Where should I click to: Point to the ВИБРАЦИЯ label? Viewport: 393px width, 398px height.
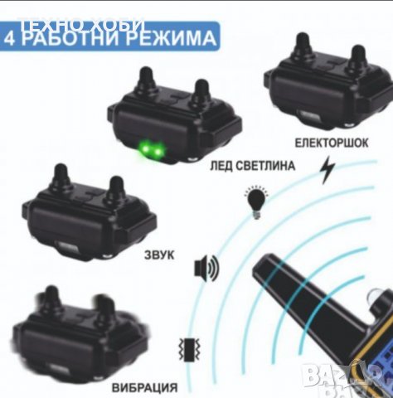tap(136, 386)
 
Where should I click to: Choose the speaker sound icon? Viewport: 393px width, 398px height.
tap(206, 268)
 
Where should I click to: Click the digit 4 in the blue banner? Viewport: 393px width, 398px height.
tap(14, 38)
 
